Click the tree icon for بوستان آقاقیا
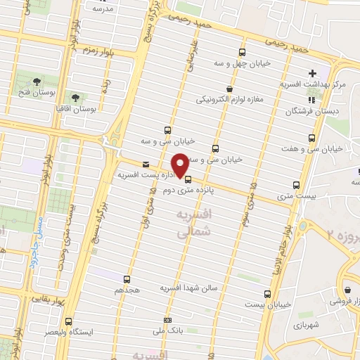coord(75,97)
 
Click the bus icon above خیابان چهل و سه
coord(243,52)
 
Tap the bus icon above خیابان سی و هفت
coord(311,138)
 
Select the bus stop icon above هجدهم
coord(127,279)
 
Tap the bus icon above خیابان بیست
coord(267,294)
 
